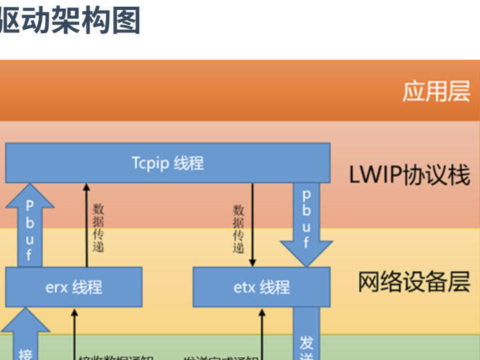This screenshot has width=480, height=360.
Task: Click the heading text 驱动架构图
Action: tap(70, 20)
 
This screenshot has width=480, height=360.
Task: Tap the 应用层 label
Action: tap(436, 91)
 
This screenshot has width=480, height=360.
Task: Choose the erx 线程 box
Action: tap(74, 287)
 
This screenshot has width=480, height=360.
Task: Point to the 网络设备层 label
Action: tap(414, 282)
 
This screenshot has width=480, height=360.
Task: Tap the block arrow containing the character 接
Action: tap(25, 340)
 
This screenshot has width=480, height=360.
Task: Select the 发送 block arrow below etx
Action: tap(307, 337)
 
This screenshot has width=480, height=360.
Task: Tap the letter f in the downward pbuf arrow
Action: tap(307, 243)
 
